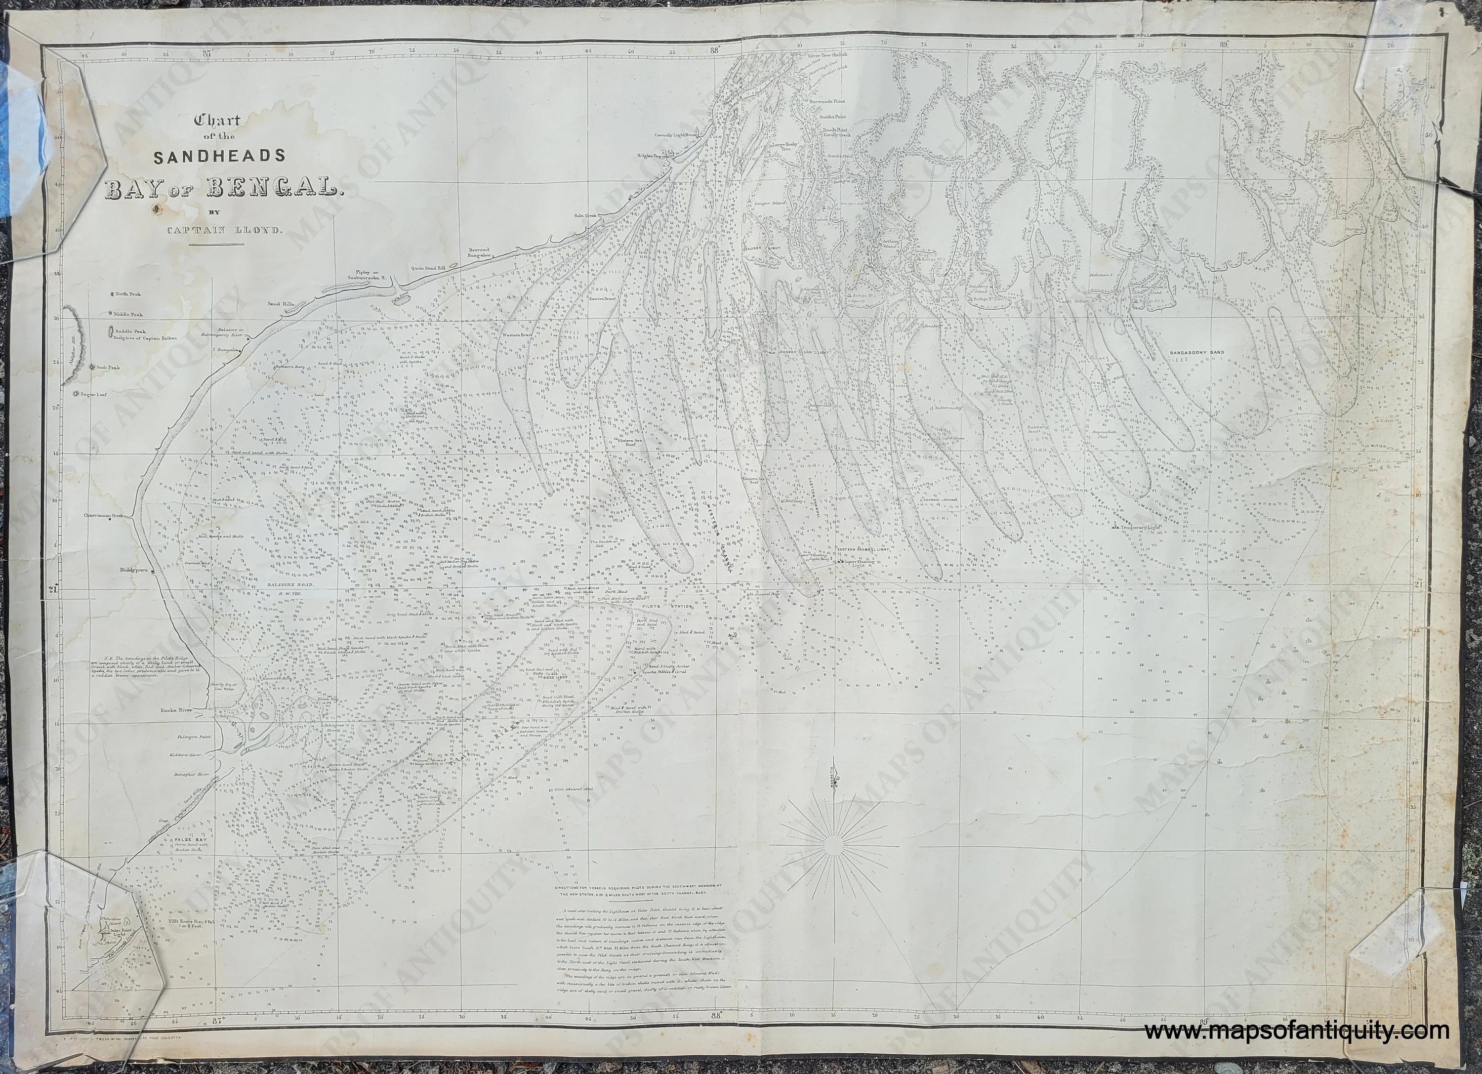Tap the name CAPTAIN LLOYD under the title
216,230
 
